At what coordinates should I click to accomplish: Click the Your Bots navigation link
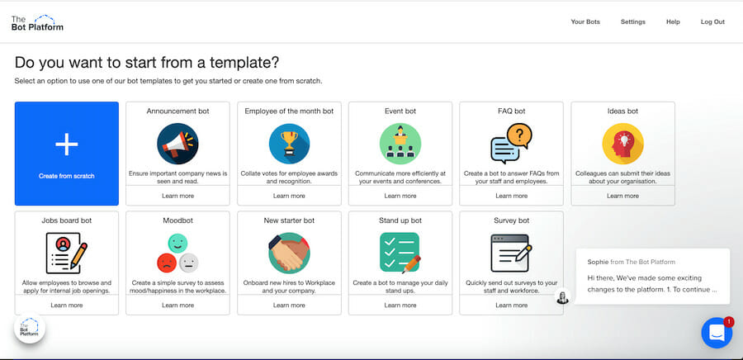[x=585, y=21]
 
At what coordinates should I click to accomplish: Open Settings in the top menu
[x=633, y=21]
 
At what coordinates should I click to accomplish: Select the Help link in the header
[x=673, y=21]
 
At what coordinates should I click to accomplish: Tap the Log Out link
[x=712, y=21]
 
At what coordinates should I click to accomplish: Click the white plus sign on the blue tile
[x=67, y=144]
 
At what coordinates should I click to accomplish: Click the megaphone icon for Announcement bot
[x=177, y=144]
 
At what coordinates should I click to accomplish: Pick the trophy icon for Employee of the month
[x=289, y=144]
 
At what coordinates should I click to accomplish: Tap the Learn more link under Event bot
[x=400, y=196]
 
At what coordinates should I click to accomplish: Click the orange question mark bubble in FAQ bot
[x=519, y=136]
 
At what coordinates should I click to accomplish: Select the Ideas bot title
[x=622, y=111]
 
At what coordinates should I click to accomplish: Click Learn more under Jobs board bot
[x=67, y=305]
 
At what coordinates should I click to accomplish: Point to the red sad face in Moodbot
[x=166, y=263]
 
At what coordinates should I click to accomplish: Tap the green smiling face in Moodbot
[x=177, y=243]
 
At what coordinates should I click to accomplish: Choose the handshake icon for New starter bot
[x=289, y=253]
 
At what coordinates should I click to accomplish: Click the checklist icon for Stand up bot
[x=400, y=253]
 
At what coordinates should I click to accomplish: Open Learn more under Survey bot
[x=511, y=305]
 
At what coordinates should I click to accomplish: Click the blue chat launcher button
[x=717, y=333]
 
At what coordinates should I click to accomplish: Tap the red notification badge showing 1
[x=729, y=322]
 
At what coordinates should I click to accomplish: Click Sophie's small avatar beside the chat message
[x=562, y=297]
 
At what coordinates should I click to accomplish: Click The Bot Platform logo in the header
[x=37, y=23]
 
